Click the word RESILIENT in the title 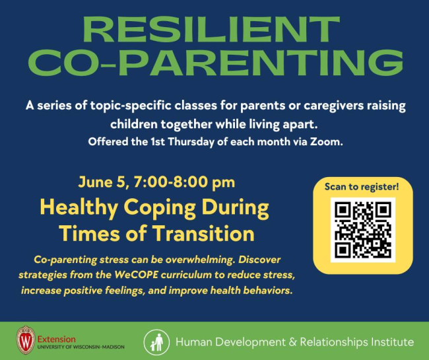tap(211, 29)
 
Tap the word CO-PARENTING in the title tap(216, 63)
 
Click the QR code tap(363, 229)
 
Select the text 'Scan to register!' tap(362, 187)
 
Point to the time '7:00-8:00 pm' tap(184, 182)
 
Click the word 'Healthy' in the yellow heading tap(79, 208)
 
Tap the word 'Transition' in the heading tap(203, 234)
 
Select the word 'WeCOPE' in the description tap(136, 275)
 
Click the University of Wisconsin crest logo tap(26, 340)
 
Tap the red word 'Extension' tap(56, 340)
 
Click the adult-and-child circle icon tap(156, 342)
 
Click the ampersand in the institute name tap(292, 342)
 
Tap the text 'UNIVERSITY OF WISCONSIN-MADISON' tap(81, 347)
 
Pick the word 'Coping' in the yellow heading tap(160, 209)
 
